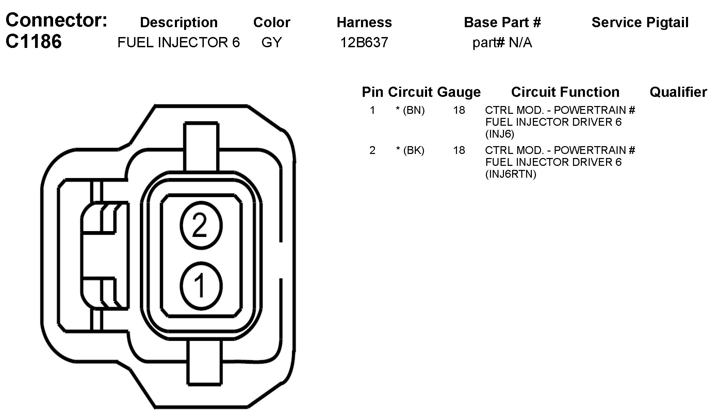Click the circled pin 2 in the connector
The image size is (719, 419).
201,226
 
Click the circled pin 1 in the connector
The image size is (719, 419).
201,286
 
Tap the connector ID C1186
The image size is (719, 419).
34,41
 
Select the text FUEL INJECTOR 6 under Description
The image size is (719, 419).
179,42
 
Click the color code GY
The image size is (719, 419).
272,42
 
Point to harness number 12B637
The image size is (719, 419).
364,42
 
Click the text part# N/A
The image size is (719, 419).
502,43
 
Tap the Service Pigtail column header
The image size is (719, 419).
640,22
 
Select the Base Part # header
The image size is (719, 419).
502,22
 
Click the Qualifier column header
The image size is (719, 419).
678,92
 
